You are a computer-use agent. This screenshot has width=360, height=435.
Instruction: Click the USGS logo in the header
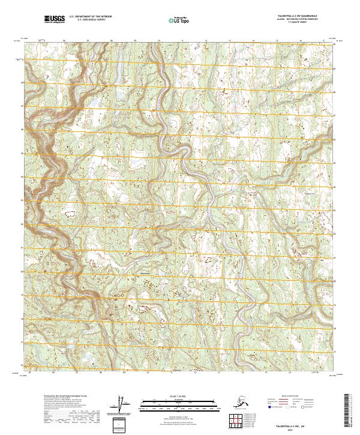tap(55, 20)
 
